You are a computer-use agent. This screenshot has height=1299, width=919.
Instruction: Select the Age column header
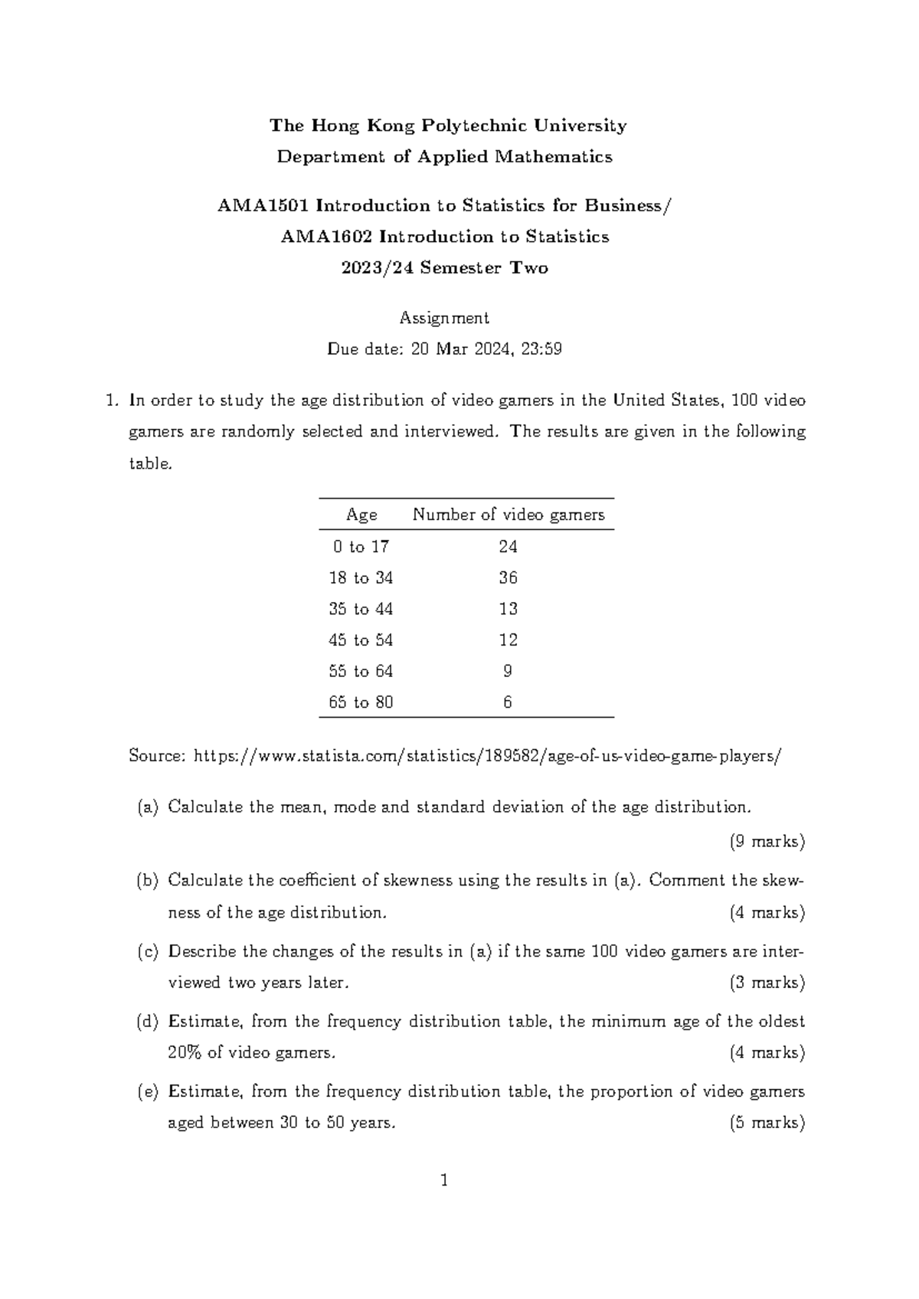click(x=361, y=515)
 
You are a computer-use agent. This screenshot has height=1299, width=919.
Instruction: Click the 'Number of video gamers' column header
click(x=509, y=515)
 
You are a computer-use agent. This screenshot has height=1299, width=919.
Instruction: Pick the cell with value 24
click(x=508, y=547)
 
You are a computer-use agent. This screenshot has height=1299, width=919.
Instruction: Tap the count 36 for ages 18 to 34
click(x=508, y=578)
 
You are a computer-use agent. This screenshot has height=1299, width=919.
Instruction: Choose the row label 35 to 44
click(x=361, y=609)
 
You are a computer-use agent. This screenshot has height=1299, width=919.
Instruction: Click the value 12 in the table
click(x=508, y=640)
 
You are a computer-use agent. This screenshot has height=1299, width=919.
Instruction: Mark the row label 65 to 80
click(x=361, y=702)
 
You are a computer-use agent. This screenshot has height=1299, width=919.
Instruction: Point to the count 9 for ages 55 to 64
click(x=508, y=672)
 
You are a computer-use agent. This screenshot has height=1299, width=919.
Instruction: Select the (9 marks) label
click(x=767, y=842)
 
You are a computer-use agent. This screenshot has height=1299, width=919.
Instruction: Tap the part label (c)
click(x=147, y=952)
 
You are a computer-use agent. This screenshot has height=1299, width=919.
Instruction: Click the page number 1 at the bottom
click(x=444, y=1180)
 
